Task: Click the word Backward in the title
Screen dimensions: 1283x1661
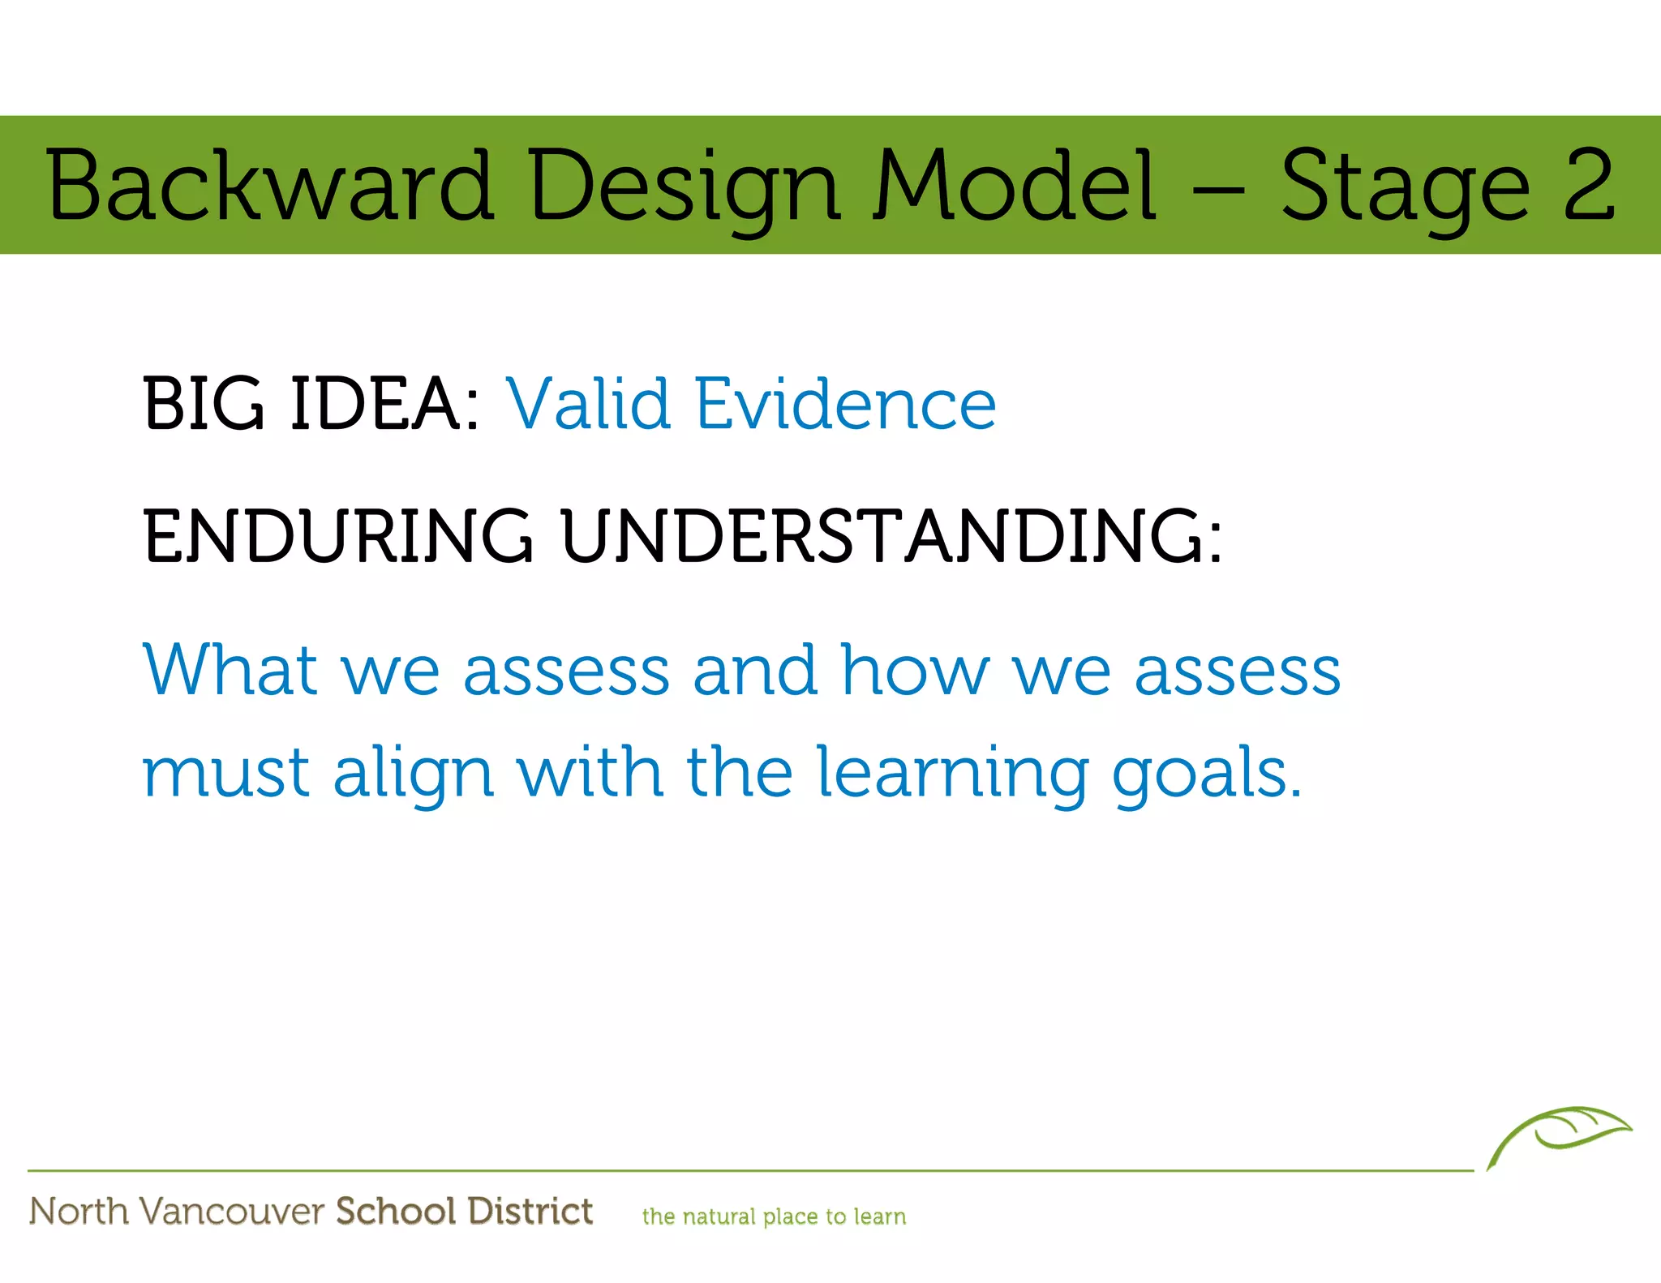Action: tap(269, 186)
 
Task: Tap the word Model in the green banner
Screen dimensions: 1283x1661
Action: tap(1015, 186)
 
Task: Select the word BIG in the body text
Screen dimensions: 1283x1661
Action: tap(204, 403)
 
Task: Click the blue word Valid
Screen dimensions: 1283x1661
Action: tap(589, 403)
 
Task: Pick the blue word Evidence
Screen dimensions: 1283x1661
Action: tap(846, 403)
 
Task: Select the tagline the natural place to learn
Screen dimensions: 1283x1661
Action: tap(774, 1216)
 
